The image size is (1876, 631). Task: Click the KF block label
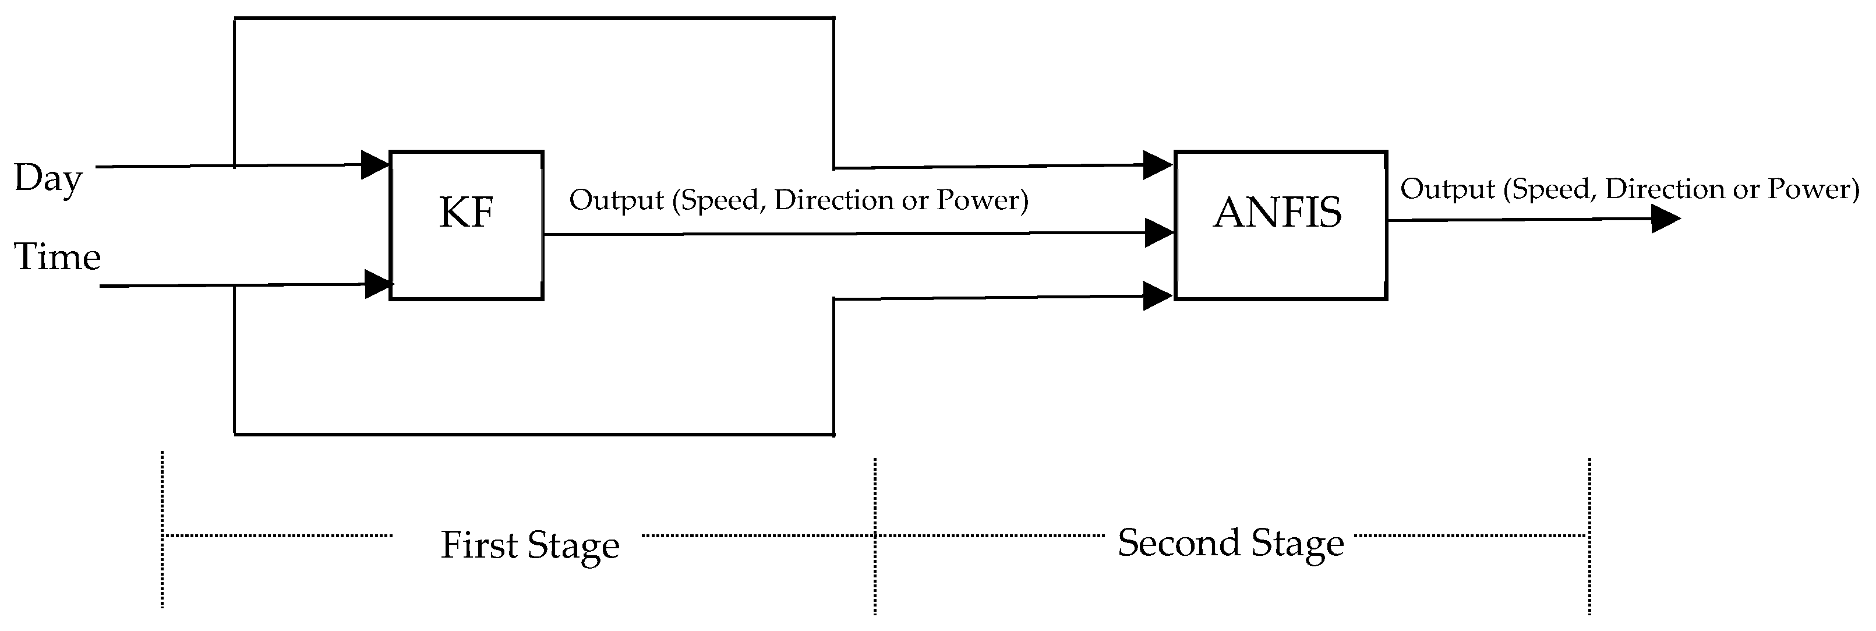[466, 213]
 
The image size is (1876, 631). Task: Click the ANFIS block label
[1277, 213]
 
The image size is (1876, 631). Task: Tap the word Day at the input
[48, 178]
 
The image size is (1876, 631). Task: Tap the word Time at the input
[58, 257]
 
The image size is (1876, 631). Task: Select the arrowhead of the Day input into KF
[375, 165]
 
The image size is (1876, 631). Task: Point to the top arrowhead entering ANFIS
[1157, 165]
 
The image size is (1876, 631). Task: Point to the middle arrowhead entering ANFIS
[1158, 232]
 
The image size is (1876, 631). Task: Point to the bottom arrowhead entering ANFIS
[1157, 296]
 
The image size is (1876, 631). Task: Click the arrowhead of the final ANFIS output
[1664, 218]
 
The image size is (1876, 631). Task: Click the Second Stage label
[1230, 543]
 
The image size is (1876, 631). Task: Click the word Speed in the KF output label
[721, 200]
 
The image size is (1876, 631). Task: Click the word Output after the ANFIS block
[1447, 189]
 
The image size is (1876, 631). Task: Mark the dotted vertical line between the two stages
[875, 535]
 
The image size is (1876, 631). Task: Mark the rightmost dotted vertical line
[1589, 535]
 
